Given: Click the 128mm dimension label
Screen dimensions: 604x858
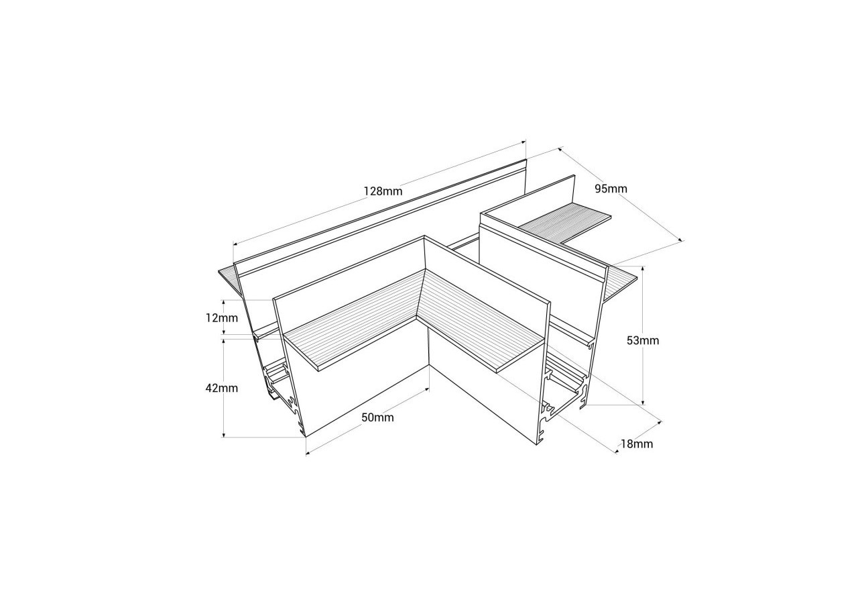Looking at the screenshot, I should pyautogui.click(x=383, y=191).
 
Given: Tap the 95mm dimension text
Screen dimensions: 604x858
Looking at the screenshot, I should pyautogui.click(x=611, y=189).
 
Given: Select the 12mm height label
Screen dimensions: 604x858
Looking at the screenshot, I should pyautogui.click(x=222, y=317).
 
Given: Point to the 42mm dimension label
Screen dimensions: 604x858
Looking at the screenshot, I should pyautogui.click(x=222, y=388).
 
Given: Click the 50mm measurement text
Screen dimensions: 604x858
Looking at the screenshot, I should pyautogui.click(x=377, y=417).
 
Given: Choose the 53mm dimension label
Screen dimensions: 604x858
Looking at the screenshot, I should pyautogui.click(x=642, y=340).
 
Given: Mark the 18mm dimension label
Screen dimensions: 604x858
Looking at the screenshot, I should pyautogui.click(x=636, y=444).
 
